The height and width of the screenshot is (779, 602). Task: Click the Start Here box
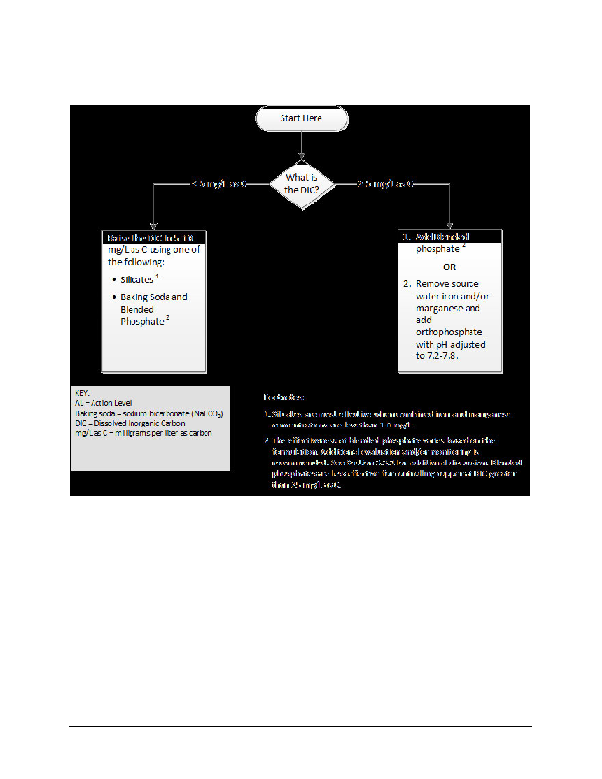pos(301,119)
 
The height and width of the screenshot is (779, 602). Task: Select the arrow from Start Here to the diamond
pos(301,146)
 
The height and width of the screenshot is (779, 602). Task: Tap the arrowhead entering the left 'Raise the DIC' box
pos(151,227)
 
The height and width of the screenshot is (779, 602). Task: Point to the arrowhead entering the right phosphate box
pos(450,227)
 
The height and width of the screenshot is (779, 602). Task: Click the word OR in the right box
pos(450,266)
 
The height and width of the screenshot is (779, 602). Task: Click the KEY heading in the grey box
pos(82,391)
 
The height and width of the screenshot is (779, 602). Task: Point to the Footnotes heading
pos(284,397)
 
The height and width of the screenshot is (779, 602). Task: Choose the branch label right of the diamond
pos(387,183)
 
